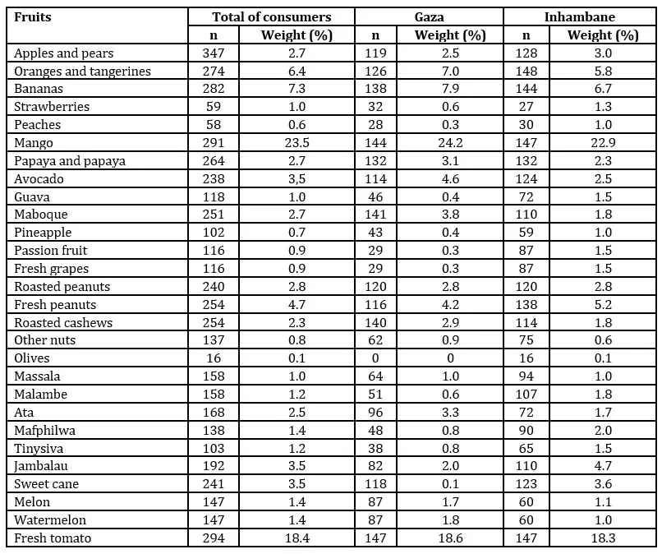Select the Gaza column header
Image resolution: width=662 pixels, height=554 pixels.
[x=428, y=16]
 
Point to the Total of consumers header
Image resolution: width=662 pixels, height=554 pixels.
[x=271, y=16]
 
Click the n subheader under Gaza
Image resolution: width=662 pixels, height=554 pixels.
[x=375, y=35]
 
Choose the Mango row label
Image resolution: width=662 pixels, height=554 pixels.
[x=33, y=143]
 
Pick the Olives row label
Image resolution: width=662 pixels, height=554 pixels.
[x=32, y=358]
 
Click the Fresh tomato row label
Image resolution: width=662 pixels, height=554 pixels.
[x=53, y=538]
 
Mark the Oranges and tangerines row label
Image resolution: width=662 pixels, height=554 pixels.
[x=82, y=72]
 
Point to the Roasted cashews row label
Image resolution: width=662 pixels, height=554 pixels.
[x=63, y=322]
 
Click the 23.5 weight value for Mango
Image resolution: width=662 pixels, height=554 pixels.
[x=296, y=143]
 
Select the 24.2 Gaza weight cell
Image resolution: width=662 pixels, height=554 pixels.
[x=449, y=143]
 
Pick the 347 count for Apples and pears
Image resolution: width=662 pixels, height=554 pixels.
[x=214, y=53]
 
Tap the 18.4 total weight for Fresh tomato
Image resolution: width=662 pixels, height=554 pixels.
[x=296, y=538]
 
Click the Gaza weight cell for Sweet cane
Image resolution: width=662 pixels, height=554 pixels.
[x=449, y=484]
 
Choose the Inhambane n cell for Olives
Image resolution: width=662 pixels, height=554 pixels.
[x=526, y=358]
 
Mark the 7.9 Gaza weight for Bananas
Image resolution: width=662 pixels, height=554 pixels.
[x=449, y=90]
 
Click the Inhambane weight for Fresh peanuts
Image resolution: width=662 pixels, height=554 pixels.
[x=603, y=305]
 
